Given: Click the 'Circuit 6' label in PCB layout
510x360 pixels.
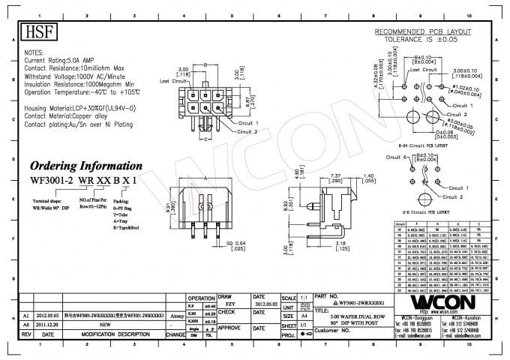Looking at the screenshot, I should click(397, 158).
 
